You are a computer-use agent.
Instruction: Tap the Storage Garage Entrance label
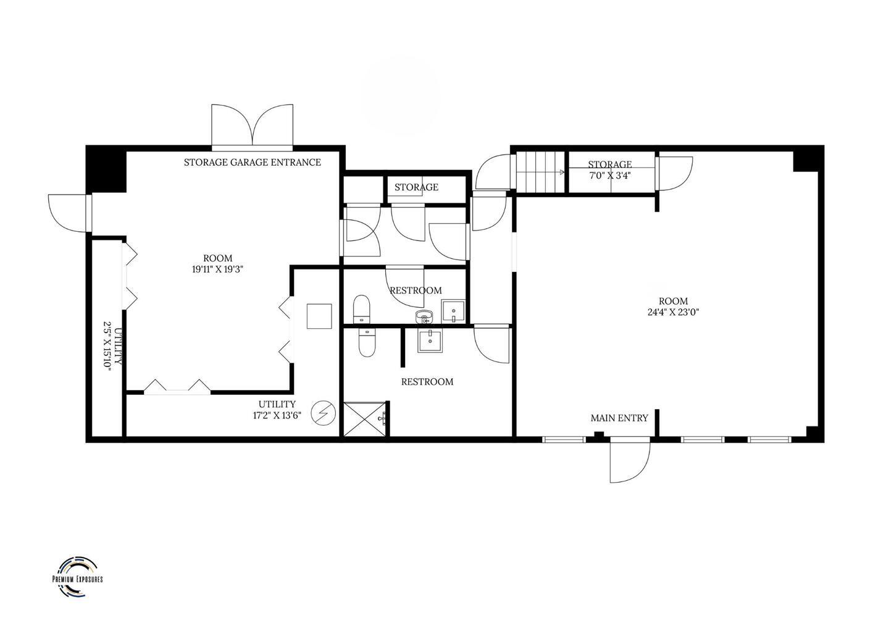pyautogui.click(x=252, y=163)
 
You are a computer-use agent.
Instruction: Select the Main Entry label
pyautogui.click(x=619, y=418)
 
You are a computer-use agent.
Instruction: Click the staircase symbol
pyautogui.click(x=541, y=172)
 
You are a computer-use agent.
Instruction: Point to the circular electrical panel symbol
pyautogui.click(x=324, y=413)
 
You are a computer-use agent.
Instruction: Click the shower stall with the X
pyautogui.click(x=365, y=419)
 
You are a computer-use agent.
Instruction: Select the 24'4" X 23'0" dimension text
pyautogui.click(x=674, y=312)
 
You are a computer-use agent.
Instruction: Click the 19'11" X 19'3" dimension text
pyautogui.click(x=217, y=269)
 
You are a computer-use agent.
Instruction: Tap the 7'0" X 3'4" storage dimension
pyautogui.click(x=610, y=176)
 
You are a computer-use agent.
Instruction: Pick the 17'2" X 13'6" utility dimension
pyautogui.click(x=277, y=415)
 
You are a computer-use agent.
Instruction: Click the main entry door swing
pyautogui.click(x=630, y=462)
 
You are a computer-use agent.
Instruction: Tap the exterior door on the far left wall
pyautogui.click(x=69, y=213)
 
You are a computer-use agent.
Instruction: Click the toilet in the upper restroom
pyautogui.click(x=361, y=309)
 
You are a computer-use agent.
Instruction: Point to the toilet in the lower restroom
pyautogui.click(x=367, y=342)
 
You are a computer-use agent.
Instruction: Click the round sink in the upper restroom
pyautogui.click(x=424, y=317)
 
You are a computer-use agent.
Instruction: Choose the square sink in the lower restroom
pyautogui.click(x=430, y=341)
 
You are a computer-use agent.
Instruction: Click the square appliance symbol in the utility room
pyautogui.click(x=319, y=316)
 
